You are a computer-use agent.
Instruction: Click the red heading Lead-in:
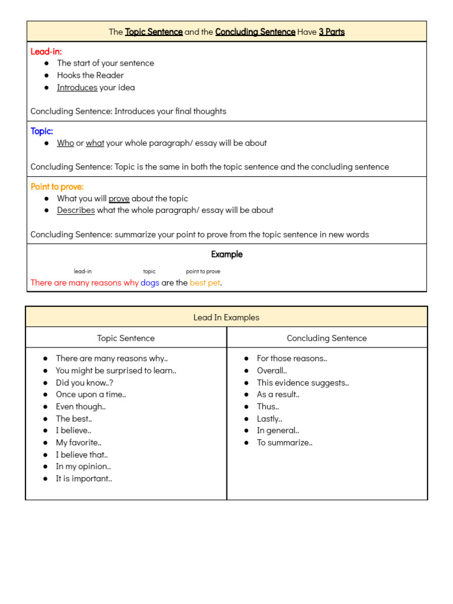46,51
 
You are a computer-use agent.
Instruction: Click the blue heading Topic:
42,131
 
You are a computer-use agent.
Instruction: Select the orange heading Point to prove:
57,186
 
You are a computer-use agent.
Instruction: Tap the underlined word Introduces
77,87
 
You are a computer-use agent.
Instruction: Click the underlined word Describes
75,210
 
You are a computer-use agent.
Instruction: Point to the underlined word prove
119,198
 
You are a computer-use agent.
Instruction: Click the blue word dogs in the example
150,283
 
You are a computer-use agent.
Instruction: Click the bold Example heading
226,254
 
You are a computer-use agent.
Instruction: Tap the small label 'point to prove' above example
203,271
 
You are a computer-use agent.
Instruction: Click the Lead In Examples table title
226,317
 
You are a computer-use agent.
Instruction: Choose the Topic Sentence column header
126,338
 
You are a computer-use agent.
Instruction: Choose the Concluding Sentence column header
327,338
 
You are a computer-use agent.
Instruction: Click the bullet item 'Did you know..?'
84,382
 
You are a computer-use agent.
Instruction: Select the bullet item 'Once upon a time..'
91,395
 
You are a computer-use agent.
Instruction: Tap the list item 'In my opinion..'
83,467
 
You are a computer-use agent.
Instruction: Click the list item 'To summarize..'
284,442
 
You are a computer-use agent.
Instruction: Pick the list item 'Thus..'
268,406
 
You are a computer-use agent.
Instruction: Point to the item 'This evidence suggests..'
303,382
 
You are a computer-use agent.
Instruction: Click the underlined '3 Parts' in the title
331,32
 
